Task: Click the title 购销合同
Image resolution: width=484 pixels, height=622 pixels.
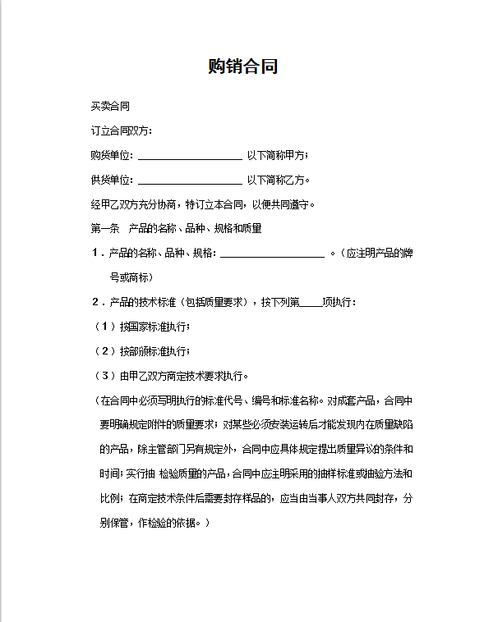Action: (x=242, y=66)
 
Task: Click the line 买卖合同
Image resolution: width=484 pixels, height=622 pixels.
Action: (x=110, y=107)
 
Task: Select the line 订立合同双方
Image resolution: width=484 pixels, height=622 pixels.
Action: (x=121, y=131)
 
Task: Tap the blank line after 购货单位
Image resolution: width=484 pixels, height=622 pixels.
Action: (x=190, y=156)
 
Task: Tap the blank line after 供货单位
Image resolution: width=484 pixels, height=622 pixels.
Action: (x=190, y=181)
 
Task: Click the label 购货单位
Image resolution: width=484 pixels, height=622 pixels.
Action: (x=111, y=156)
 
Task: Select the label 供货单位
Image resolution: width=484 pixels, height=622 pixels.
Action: (x=111, y=181)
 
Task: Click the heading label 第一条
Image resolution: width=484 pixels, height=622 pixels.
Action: (x=105, y=228)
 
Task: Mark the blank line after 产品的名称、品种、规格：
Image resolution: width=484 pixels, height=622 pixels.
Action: (x=273, y=254)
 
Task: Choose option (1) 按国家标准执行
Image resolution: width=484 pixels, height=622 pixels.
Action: (x=143, y=327)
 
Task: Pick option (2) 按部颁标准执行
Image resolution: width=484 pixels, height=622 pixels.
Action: (x=143, y=351)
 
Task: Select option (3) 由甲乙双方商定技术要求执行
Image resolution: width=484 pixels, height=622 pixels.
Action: (x=173, y=377)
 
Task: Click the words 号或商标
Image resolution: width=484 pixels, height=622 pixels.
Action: (x=125, y=277)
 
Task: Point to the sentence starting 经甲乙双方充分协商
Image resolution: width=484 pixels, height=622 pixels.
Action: (x=202, y=204)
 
